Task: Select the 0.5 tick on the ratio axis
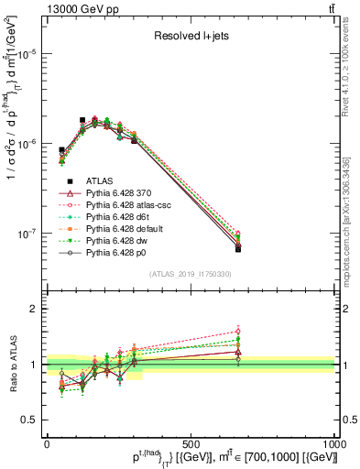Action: [30, 420]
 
